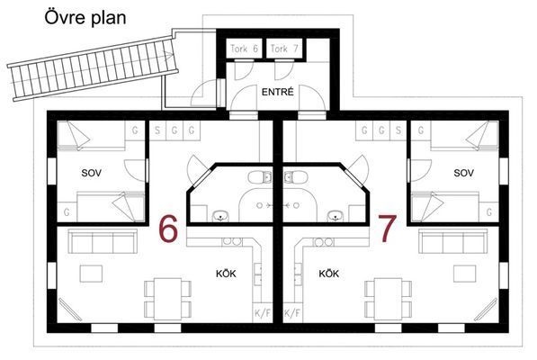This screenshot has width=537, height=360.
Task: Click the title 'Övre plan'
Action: [85, 17]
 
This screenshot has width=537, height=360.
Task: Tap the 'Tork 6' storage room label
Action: [244, 49]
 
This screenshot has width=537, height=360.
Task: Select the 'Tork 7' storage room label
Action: [284, 49]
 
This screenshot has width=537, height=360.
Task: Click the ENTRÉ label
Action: [278, 92]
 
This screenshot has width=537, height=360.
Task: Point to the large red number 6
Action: [168, 229]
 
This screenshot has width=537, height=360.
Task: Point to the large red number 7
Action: [388, 229]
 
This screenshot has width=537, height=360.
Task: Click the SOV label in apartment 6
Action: [92, 173]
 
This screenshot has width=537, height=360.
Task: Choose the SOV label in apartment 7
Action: [464, 173]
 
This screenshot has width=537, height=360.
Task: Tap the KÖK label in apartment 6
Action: [226, 274]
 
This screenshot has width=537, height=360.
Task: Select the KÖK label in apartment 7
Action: [329, 274]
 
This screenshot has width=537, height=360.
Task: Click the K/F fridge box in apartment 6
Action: [263, 312]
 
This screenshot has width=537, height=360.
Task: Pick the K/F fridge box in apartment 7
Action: [292, 312]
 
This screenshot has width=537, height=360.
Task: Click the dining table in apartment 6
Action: [168, 299]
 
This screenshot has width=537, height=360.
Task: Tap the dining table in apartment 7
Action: [388, 299]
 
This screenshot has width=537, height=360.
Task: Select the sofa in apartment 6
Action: [103, 241]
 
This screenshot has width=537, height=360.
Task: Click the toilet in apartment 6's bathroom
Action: [260, 177]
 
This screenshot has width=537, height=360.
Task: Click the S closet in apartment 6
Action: [157, 130]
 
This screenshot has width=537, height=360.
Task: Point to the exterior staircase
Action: [93, 68]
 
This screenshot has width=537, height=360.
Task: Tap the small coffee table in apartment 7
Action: [465, 274]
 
